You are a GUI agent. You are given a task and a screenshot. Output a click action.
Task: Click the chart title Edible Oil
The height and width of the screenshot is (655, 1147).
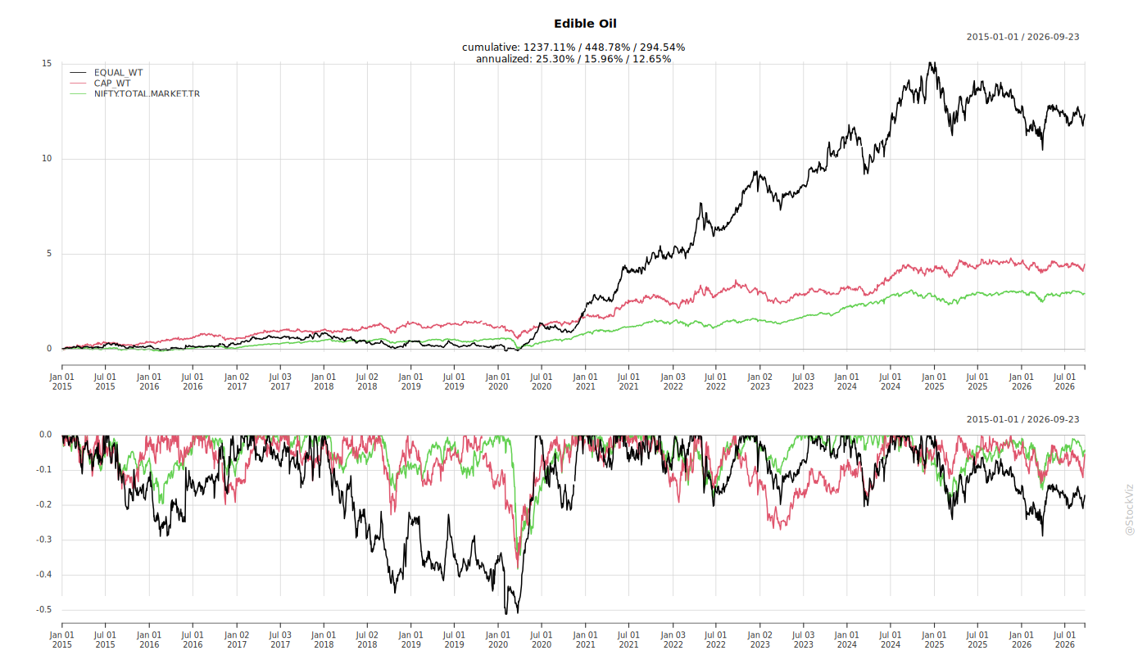pos(585,24)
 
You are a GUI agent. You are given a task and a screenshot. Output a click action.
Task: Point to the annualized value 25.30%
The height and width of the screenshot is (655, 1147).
pos(555,59)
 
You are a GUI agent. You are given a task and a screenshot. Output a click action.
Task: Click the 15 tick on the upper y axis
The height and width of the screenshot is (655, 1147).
pos(47,64)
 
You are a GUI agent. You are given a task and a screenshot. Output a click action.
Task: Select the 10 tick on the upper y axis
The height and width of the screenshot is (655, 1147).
pos(47,159)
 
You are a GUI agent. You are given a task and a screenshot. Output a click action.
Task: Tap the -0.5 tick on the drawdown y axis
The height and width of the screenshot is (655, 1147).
pos(44,609)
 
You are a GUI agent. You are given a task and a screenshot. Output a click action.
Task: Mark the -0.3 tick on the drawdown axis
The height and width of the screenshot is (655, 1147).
pos(44,540)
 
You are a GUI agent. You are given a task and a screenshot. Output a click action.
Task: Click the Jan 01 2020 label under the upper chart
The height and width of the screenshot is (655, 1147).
pos(498,382)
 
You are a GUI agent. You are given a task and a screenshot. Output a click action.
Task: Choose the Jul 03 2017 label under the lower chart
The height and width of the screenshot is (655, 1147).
pos(280,639)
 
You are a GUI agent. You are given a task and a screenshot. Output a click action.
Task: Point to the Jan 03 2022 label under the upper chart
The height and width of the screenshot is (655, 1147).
pos(673,382)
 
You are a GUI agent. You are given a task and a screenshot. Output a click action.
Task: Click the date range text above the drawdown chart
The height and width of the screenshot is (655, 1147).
pos(1022,419)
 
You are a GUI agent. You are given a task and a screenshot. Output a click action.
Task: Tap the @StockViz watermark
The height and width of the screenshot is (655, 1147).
pos(1129,509)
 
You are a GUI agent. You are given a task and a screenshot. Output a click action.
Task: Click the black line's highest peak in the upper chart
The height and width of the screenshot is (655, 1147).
pos(932,63)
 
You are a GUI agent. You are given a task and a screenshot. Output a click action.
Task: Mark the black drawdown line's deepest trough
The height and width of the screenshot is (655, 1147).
pos(506,613)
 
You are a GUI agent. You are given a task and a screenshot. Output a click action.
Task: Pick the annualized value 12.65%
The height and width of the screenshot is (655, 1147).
pos(651,59)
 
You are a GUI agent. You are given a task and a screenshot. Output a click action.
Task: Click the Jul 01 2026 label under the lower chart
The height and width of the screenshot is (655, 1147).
pos(1064,639)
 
